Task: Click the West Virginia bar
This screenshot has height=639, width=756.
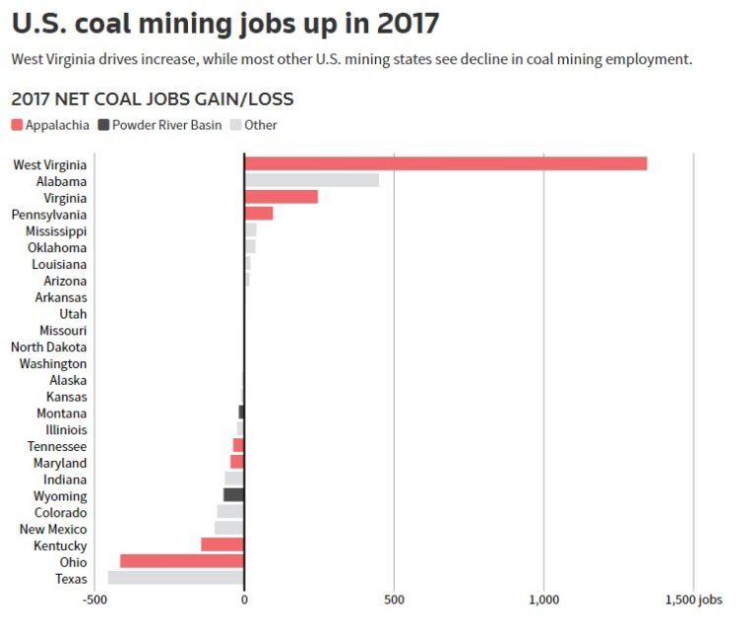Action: point(445,163)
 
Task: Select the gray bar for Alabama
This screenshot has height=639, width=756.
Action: point(311,180)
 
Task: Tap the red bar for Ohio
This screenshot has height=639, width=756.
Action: point(181,561)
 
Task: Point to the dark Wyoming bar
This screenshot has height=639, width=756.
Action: point(233,495)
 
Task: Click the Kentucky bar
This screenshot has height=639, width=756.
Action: point(221,544)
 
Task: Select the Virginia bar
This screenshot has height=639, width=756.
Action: point(281,197)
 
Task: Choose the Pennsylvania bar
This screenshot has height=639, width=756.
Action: point(258,214)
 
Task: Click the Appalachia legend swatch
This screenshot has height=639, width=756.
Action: point(18,125)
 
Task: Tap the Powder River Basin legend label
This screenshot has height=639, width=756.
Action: point(166,125)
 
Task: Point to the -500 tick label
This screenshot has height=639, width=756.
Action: point(94,600)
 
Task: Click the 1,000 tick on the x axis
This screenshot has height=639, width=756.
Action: point(543,600)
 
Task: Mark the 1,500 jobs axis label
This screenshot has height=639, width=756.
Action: point(695,600)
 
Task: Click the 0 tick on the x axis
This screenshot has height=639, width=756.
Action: point(244,600)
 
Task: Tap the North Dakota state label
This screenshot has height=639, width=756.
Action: point(48,347)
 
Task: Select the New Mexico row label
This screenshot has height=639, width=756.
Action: point(53,529)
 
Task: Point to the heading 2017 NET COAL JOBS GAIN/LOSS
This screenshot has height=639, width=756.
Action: point(152,99)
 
